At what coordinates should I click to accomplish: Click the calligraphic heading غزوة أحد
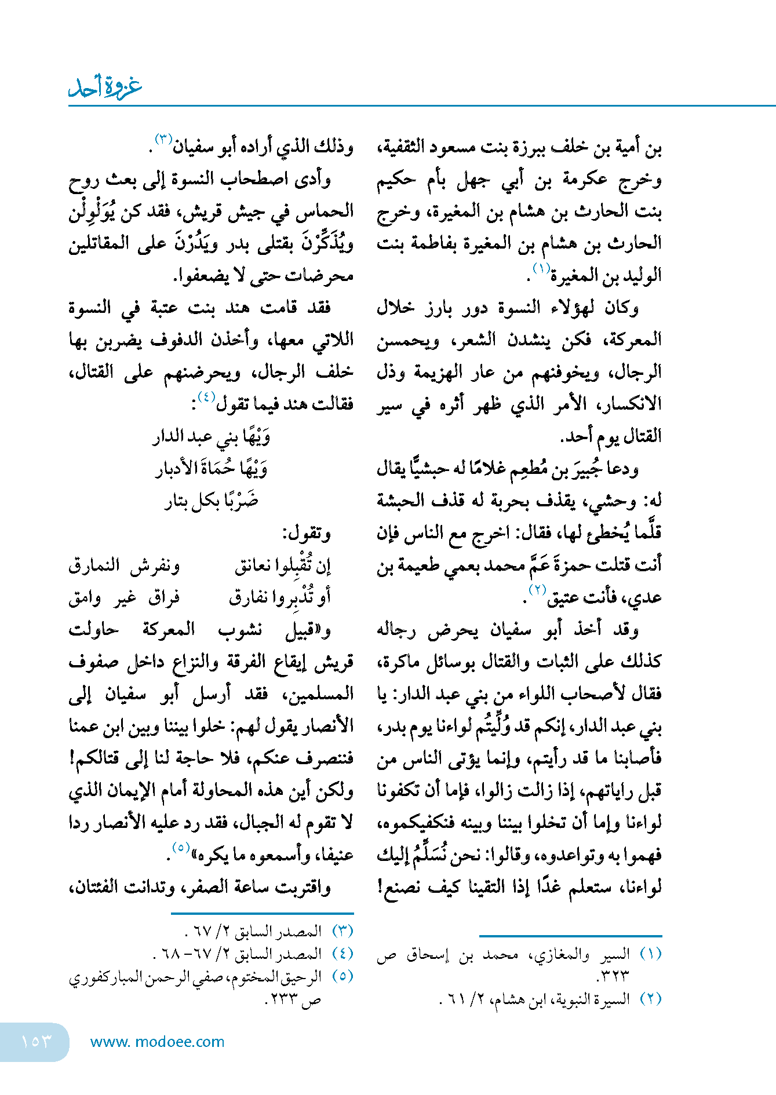105,87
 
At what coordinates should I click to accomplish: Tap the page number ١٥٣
36,1041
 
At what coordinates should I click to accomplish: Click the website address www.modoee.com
157,1042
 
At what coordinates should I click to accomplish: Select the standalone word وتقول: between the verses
307,532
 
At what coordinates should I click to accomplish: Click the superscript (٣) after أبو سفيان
163,139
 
